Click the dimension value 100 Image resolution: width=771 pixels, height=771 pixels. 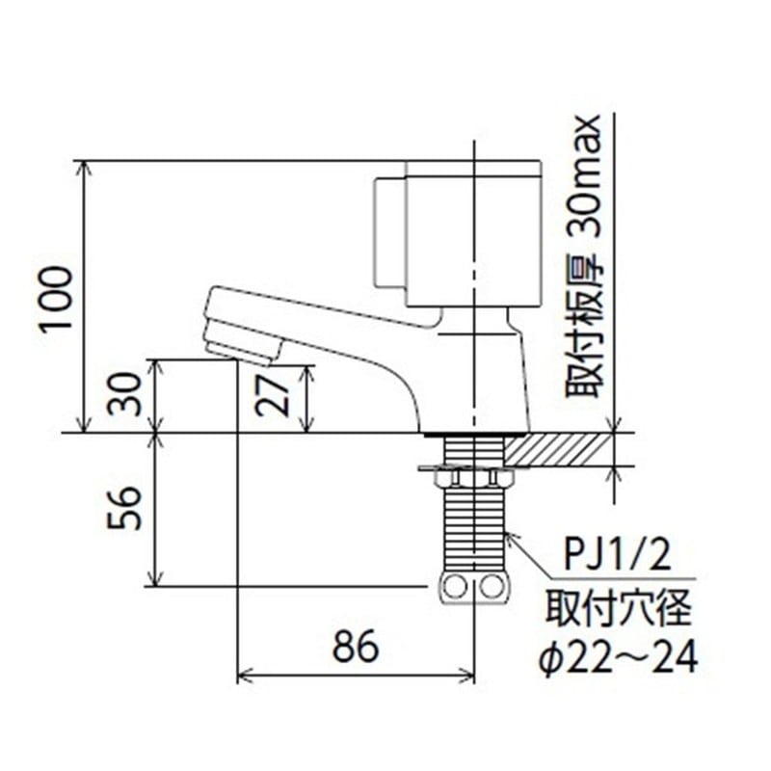coord(58,298)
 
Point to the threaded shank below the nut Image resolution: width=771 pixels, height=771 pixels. coord(473,530)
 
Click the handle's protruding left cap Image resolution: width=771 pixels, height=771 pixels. coord(387,231)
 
